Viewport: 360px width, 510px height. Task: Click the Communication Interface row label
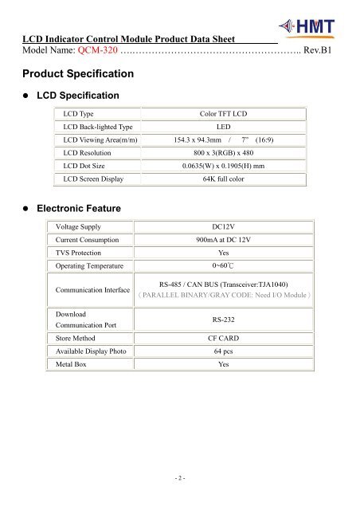click(93, 291)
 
